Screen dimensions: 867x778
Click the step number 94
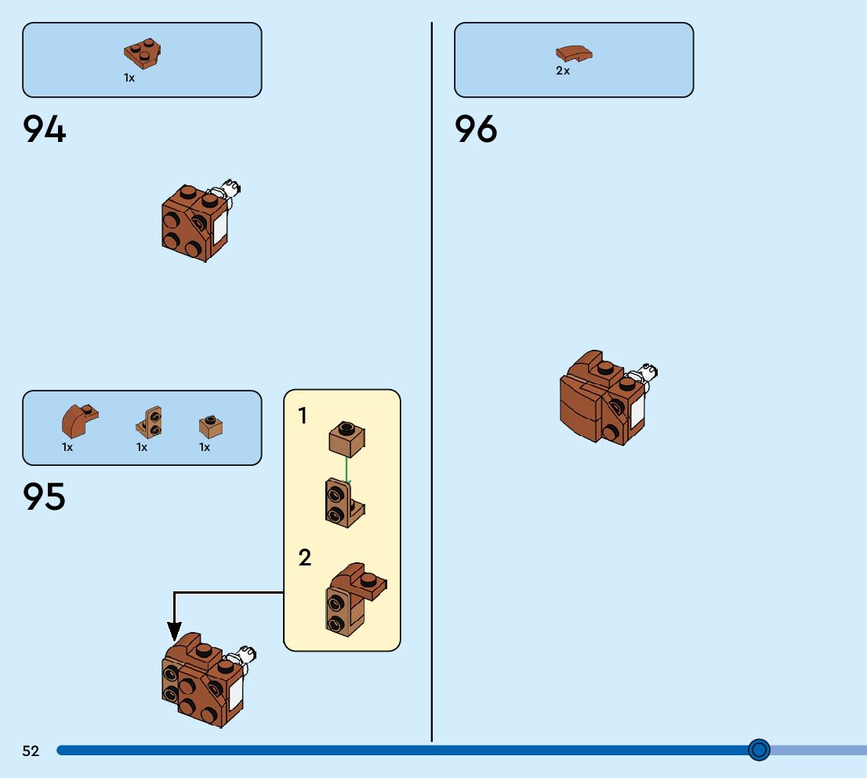(x=45, y=129)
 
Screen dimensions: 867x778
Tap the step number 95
(x=45, y=497)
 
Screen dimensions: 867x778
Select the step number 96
(x=476, y=129)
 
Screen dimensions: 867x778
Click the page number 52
(x=31, y=751)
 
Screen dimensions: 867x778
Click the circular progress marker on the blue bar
(x=759, y=751)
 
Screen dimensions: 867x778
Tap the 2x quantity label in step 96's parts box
(x=563, y=71)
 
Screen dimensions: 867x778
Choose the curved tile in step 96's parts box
(x=574, y=53)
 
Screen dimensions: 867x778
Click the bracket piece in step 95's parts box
(x=150, y=421)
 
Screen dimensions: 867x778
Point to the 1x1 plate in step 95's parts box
(x=211, y=426)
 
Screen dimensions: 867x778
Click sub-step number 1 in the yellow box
(x=303, y=416)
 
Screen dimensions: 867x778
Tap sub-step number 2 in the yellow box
(x=305, y=558)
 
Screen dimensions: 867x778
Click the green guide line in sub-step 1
(x=346, y=469)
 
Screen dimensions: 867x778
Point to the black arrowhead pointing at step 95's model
(x=174, y=630)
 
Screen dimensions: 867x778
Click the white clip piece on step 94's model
(x=230, y=189)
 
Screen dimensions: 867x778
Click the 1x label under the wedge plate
(x=129, y=78)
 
